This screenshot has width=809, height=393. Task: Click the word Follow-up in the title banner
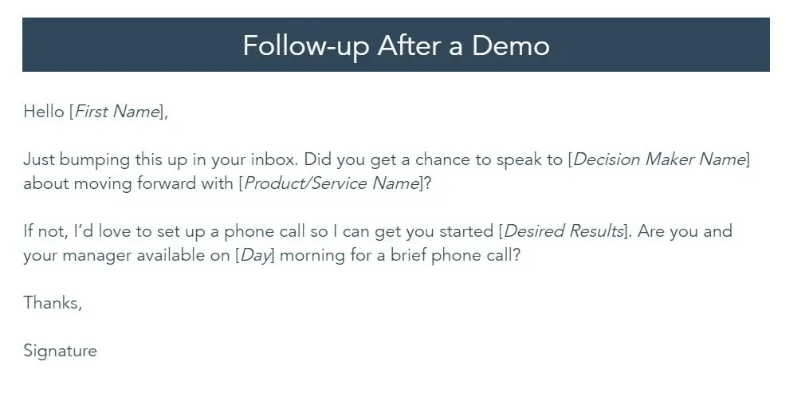pos(305,46)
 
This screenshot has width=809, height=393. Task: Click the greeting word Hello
pos(44,112)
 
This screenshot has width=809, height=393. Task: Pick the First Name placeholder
pos(118,112)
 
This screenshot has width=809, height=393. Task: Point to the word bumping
pos(94,160)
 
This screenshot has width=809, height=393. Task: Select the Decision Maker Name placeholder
pos(659,160)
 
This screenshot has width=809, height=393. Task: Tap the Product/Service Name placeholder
pos(332,183)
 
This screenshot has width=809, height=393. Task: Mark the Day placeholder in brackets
pos(255,255)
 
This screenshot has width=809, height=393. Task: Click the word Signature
pos(61,351)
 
